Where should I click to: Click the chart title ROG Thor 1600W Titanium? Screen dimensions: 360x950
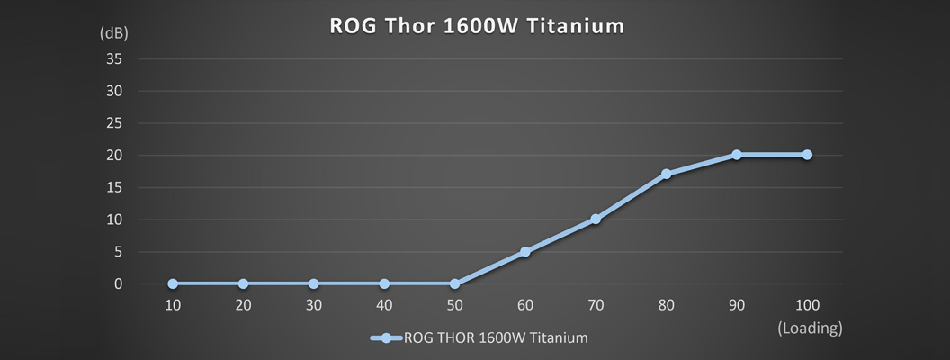coord(476,26)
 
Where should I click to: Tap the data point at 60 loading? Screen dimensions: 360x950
coord(525,252)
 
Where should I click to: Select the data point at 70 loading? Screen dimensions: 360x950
coord(596,220)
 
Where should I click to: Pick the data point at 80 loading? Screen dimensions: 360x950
coord(667,174)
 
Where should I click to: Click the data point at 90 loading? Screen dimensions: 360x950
coord(737,155)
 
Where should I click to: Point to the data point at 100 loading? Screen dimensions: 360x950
coord(807,155)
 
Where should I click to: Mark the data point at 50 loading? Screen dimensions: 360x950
coord(454,284)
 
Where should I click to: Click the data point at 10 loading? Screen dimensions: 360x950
coord(173,284)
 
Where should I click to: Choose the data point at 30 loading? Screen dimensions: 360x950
coord(314,284)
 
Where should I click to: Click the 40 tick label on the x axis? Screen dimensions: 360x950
coord(384,305)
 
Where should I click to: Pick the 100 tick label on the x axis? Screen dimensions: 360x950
coord(807,305)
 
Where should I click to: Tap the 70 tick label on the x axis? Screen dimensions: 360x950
coord(596,305)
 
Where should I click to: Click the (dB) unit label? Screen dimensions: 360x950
coord(114,34)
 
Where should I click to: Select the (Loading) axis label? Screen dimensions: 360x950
coord(810,328)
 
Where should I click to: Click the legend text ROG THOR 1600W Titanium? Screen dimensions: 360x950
coord(497,338)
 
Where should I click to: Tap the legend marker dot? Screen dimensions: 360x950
coord(386,338)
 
